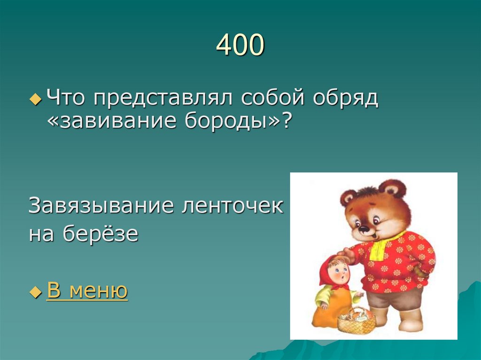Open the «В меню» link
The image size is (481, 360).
[87, 291]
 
